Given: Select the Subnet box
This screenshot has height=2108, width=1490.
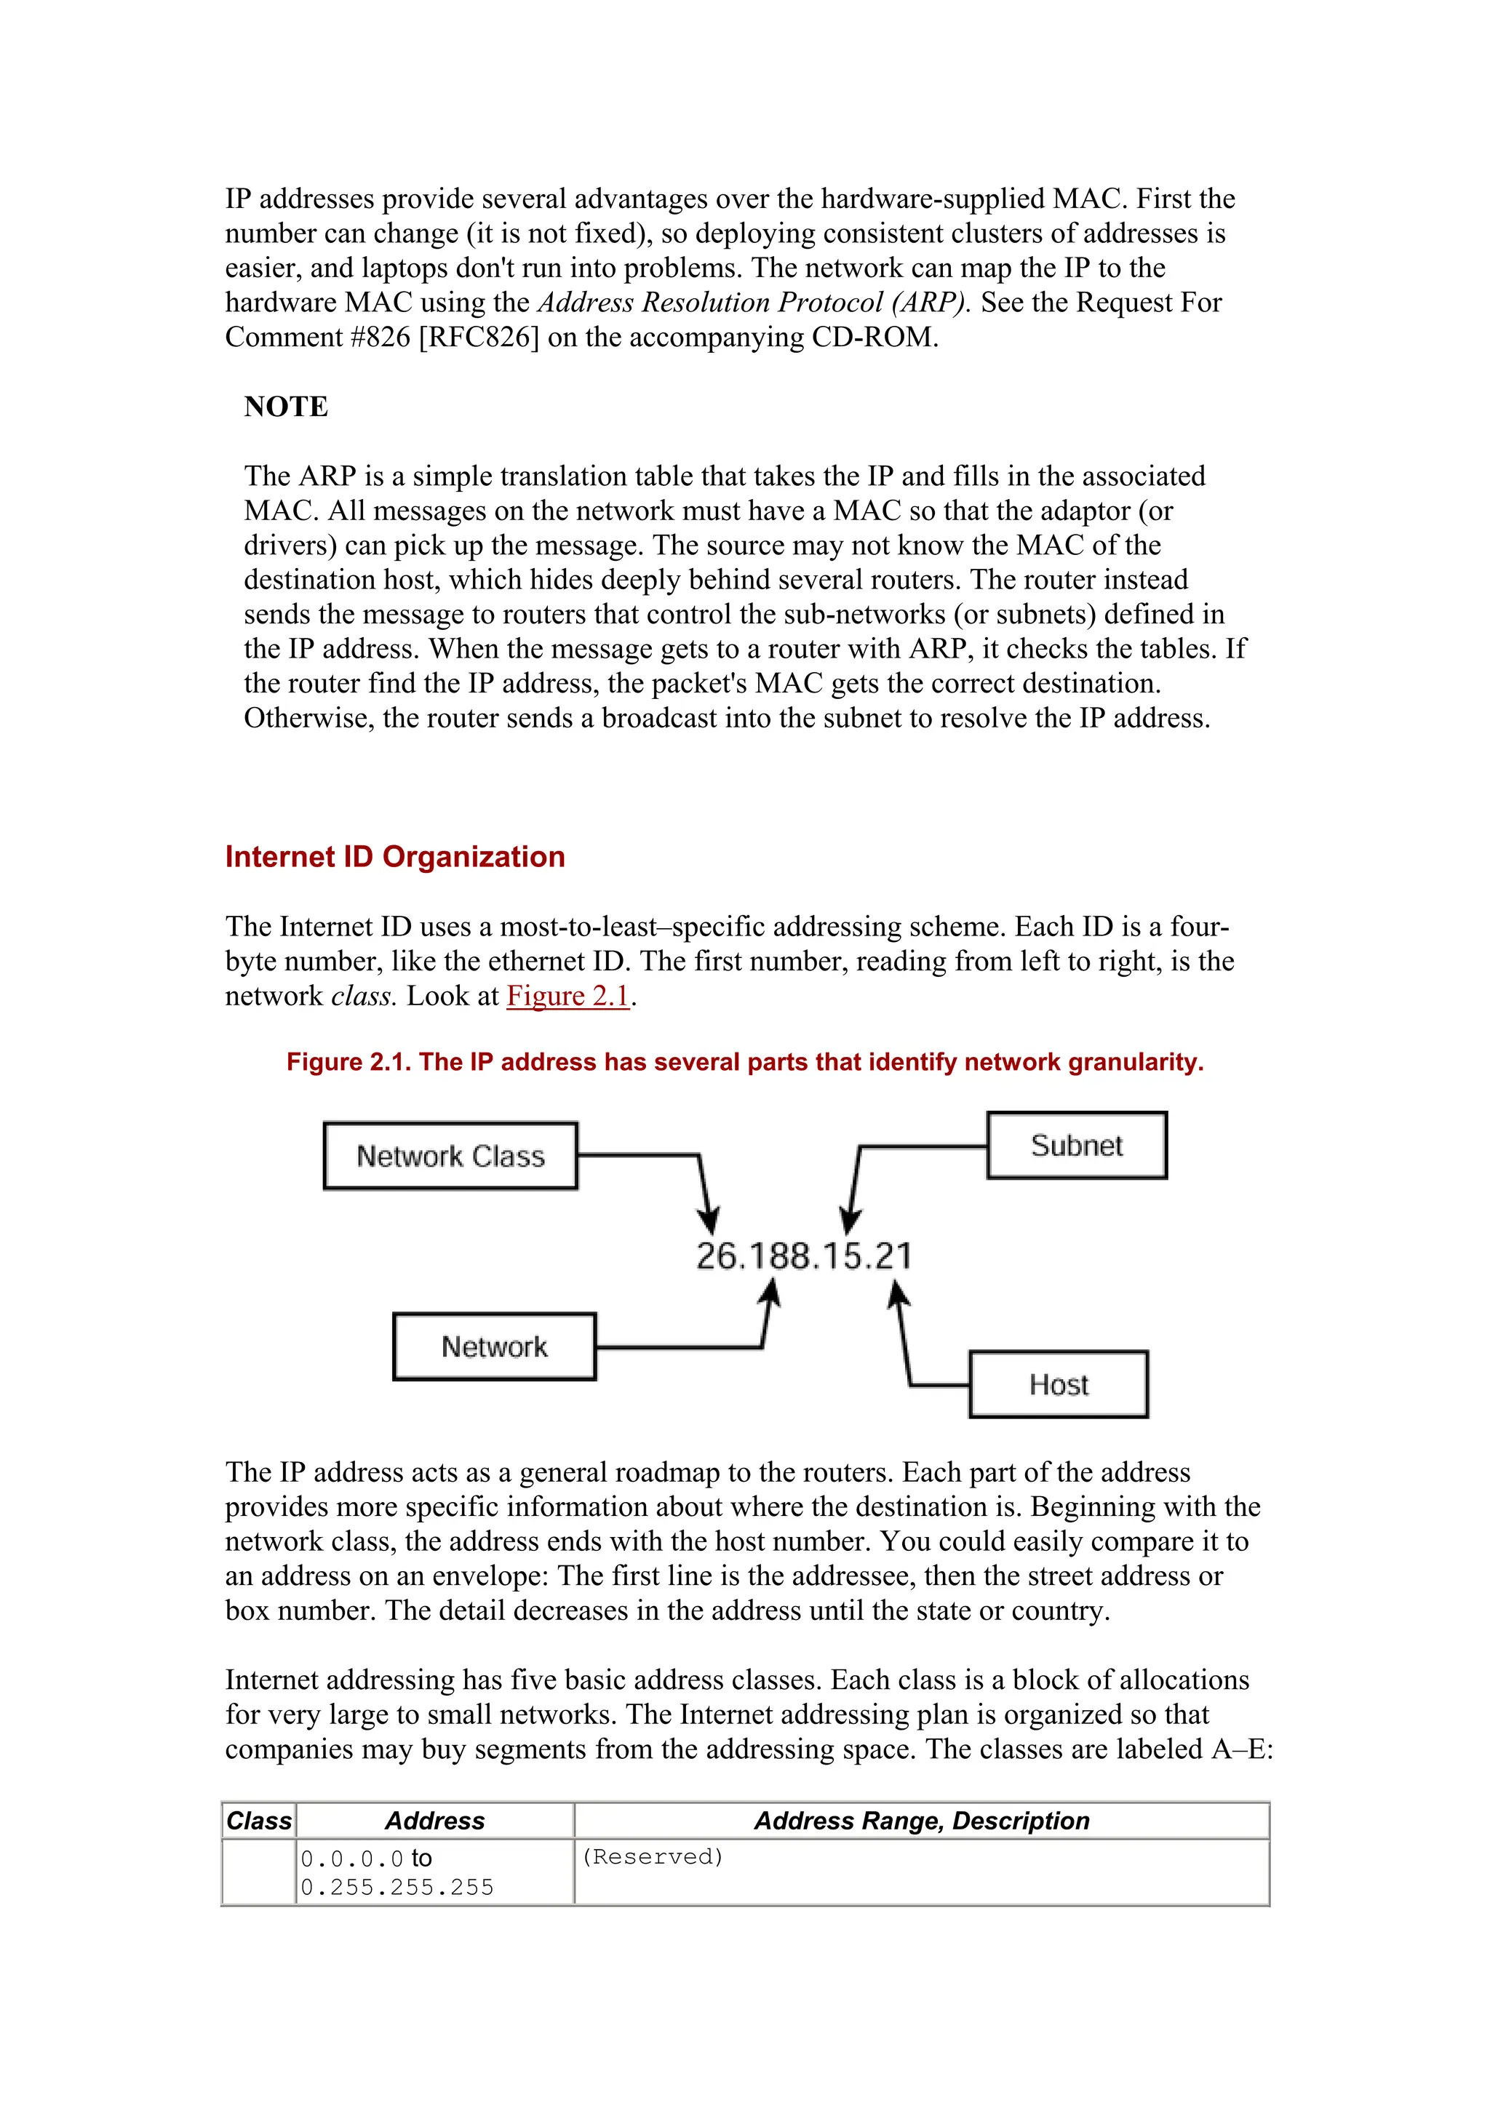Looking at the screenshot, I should [1076, 1145].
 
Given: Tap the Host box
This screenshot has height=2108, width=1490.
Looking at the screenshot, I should [1058, 1384].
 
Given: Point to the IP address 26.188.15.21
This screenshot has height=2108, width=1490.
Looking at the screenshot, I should [803, 1256].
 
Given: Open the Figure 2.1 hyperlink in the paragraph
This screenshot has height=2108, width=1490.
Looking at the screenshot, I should [567, 996].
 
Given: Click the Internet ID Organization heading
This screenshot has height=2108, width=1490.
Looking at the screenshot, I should [395, 857].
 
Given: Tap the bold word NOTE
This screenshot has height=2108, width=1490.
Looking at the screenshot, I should [285, 407].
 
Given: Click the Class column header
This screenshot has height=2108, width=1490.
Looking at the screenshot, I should [259, 1821].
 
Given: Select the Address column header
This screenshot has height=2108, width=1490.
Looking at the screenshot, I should [434, 1821].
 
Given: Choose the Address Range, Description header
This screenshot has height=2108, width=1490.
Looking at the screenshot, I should [921, 1821].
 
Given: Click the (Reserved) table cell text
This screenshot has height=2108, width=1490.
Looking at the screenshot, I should [652, 1856].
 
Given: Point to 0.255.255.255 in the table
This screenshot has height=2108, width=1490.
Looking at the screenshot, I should [397, 1888].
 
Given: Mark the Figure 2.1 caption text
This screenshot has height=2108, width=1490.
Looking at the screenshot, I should [744, 1062].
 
